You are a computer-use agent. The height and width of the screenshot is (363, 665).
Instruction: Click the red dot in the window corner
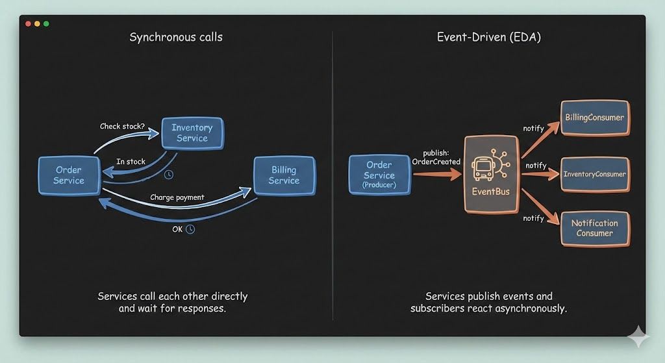point(28,24)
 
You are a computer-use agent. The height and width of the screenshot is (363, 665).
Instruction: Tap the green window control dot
point(46,24)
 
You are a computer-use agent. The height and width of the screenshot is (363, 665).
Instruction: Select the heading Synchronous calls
point(175,37)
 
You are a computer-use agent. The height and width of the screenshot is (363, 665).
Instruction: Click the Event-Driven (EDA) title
point(488,37)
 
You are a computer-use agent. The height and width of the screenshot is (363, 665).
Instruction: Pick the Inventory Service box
point(192,132)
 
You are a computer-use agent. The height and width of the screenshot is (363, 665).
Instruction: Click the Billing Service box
point(284,175)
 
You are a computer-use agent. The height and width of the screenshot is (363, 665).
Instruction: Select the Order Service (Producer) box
point(379,175)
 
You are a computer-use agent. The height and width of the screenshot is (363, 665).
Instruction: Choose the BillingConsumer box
point(594,118)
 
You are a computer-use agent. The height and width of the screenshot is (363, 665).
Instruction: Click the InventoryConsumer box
point(594,174)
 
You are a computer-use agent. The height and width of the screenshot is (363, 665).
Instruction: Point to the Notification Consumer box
point(594,228)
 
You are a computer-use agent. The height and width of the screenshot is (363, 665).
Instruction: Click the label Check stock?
point(122,126)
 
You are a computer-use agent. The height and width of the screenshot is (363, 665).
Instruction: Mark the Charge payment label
point(177,197)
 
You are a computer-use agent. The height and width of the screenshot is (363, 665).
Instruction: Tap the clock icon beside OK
point(190,229)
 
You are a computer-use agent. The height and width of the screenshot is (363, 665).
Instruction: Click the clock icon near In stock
point(169,175)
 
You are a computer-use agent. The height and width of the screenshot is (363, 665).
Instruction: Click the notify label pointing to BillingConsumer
point(533,129)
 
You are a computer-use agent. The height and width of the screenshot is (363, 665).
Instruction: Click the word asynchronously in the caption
point(527,308)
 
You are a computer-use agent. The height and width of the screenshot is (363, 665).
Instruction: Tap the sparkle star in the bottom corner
point(638,338)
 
